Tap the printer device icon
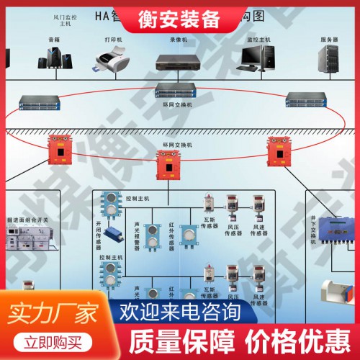point(114,59)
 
